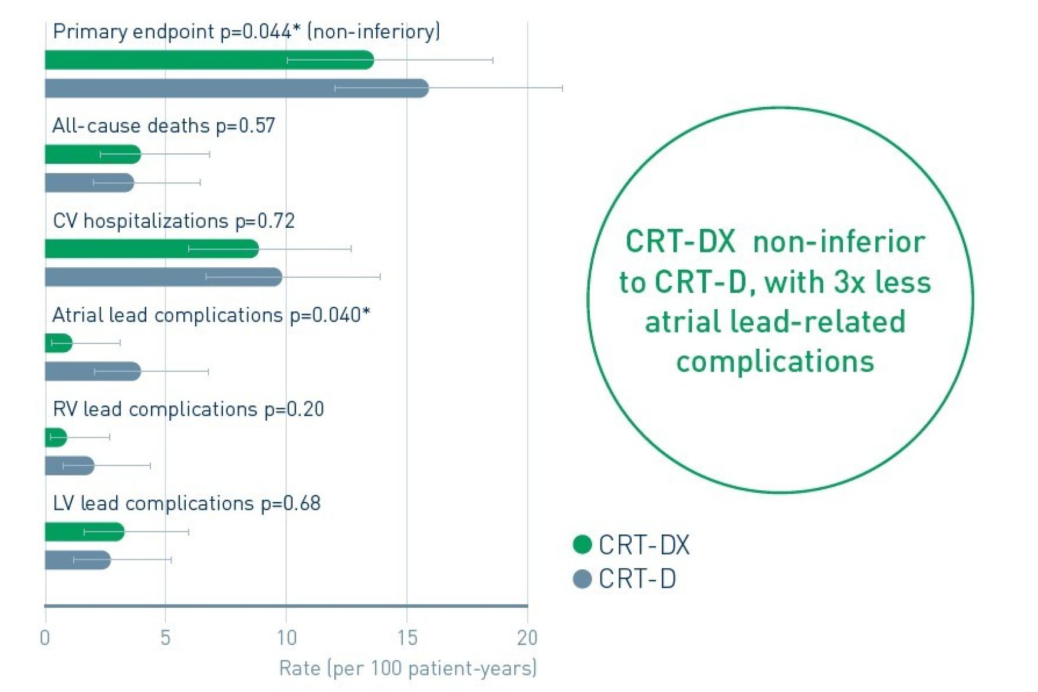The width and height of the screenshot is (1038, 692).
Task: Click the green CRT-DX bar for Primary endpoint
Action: (209, 60)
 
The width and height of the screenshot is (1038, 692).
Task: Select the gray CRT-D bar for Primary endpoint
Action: (236, 88)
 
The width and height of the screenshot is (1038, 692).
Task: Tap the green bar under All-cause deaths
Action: (93, 155)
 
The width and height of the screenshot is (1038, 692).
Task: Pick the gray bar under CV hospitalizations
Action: (163, 277)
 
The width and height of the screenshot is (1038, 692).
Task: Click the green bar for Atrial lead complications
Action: (58, 343)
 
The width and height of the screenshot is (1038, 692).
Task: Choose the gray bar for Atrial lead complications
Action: (93, 372)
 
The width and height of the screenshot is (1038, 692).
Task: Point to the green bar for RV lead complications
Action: (56, 438)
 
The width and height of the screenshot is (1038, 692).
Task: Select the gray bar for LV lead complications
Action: (78, 560)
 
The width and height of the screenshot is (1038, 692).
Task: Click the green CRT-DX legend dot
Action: (582, 545)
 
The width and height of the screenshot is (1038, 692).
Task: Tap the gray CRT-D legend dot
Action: (582, 579)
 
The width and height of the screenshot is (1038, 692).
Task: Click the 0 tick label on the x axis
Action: (45, 638)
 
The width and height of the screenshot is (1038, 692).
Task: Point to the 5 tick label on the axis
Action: (165, 638)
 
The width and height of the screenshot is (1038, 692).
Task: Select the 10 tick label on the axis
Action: (286, 638)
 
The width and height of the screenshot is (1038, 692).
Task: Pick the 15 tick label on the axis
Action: (407, 638)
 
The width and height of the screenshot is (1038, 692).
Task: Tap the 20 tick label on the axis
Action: (527, 638)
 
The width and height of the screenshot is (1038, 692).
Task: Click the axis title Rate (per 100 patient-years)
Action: (408, 668)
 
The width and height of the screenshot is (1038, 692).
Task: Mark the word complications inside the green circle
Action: (775, 362)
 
